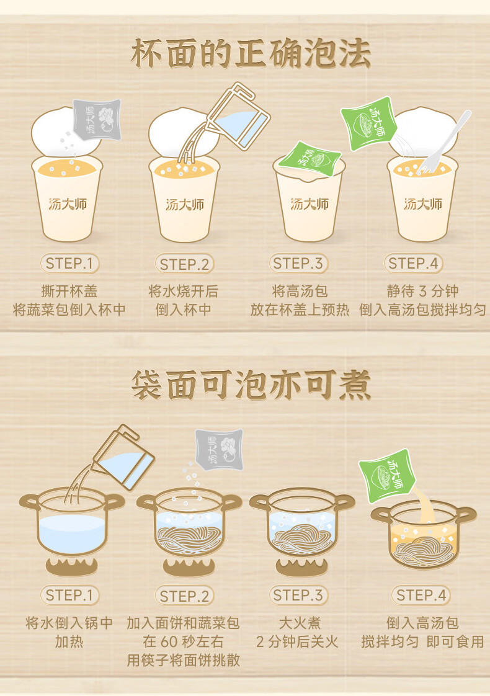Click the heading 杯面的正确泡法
pos(251,54)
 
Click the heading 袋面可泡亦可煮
pos(251,385)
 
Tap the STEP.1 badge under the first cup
pos(69,264)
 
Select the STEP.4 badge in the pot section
pos(421,596)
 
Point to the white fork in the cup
pos(444,141)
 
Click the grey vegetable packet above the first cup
pos(97,119)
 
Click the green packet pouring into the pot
pos(386,475)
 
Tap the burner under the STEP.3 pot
pos(302,567)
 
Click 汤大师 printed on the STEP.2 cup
pos(185,204)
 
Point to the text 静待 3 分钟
pos(422,291)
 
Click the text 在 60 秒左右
pos(184,641)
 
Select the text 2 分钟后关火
pos(297,641)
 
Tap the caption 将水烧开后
pos(184,291)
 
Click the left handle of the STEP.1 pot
pos(29,503)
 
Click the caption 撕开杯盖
pos(69,291)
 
